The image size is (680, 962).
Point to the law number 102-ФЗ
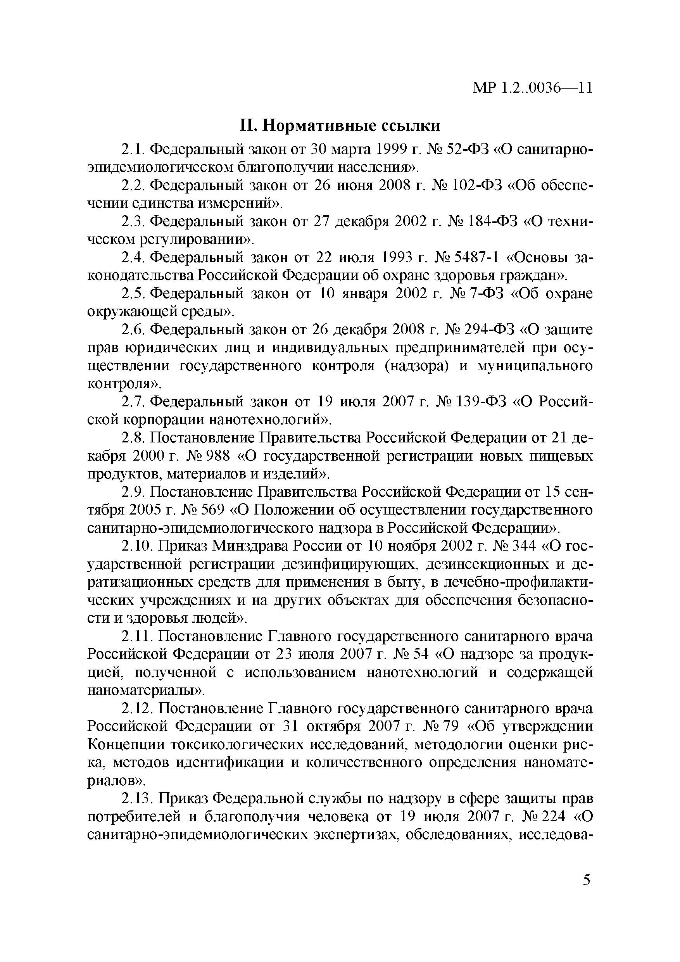(x=476, y=185)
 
